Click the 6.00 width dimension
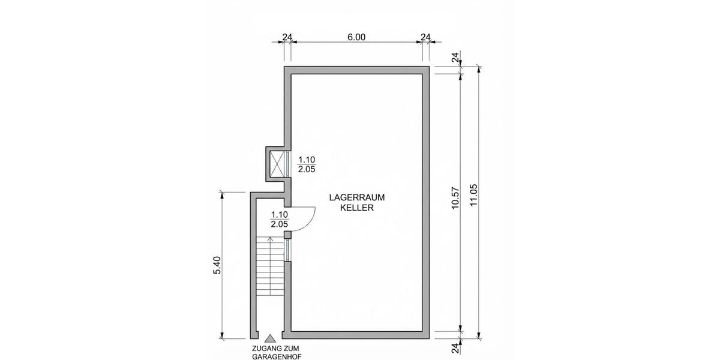point(356,37)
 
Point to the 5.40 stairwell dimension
point(217,265)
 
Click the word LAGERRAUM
point(357,197)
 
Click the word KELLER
point(357,208)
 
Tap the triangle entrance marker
point(270,338)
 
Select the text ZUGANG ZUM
point(275,349)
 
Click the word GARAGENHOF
point(277,356)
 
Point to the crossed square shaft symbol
point(277,164)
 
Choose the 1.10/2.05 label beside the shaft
point(307,164)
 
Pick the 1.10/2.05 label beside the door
point(280,219)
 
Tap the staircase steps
point(271,266)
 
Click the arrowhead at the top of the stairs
point(271,239)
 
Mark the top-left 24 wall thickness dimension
point(287,37)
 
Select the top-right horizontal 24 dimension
point(425,37)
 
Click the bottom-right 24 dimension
point(455,348)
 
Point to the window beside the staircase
point(287,250)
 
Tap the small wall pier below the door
point(287,235)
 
